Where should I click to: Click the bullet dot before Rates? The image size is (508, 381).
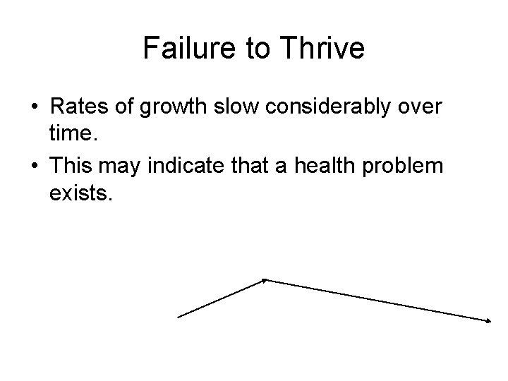(x=35, y=109)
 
